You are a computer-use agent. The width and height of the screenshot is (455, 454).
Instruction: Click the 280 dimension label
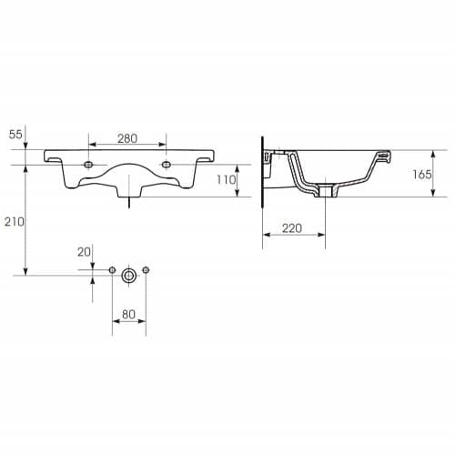tap(127, 138)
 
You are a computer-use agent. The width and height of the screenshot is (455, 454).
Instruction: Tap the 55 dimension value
tap(15, 134)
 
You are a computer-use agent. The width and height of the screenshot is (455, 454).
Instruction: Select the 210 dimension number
tap(15, 222)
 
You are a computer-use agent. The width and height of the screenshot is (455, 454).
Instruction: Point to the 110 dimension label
tap(226, 180)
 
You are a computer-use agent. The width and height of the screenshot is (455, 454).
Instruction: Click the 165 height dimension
tap(421, 175)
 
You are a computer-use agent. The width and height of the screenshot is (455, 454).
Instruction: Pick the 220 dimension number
tap(292, 228)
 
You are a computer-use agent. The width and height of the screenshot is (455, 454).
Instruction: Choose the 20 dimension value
tap(84, 252)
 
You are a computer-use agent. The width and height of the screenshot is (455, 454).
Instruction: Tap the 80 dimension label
tap(128, 315)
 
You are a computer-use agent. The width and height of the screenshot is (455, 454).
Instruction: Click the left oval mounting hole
tap(88, 165)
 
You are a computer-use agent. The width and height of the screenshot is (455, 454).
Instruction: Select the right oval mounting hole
tap(166, 165)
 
